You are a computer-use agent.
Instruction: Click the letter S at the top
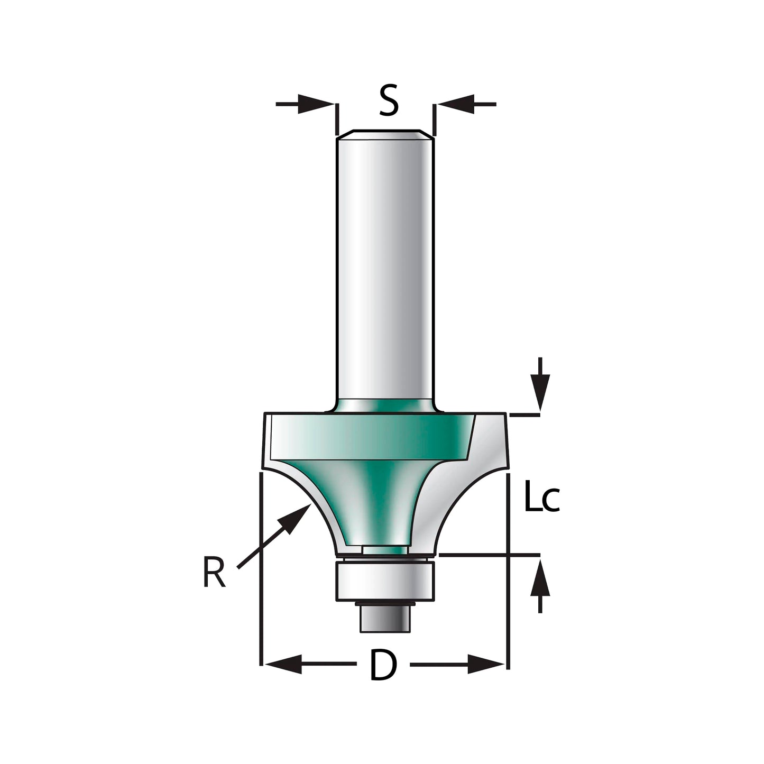(x=389, y=102)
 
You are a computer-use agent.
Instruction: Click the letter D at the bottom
(x=383, y=665)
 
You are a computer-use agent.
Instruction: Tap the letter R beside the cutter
(x=214, y=574)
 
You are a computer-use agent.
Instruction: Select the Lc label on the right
(x=541, y=496)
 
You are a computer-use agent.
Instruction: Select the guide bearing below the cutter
(x=384, y=582)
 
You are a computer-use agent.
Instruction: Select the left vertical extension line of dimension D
(x=261, y=571)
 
